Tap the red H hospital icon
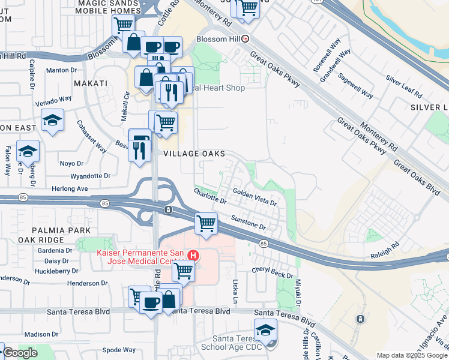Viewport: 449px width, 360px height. (193, 255)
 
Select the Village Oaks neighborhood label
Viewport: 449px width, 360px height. (195, 154)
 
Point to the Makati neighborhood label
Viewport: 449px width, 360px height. (90, 83)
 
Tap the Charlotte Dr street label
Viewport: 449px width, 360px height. (209, 196)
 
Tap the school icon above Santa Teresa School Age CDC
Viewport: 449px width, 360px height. (265, 329)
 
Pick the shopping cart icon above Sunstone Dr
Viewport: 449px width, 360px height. (206, 224)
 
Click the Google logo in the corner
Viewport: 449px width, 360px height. (19, 353)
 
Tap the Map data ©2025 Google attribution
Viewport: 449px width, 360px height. (411, 355)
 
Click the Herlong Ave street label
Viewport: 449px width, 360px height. (70, 188)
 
